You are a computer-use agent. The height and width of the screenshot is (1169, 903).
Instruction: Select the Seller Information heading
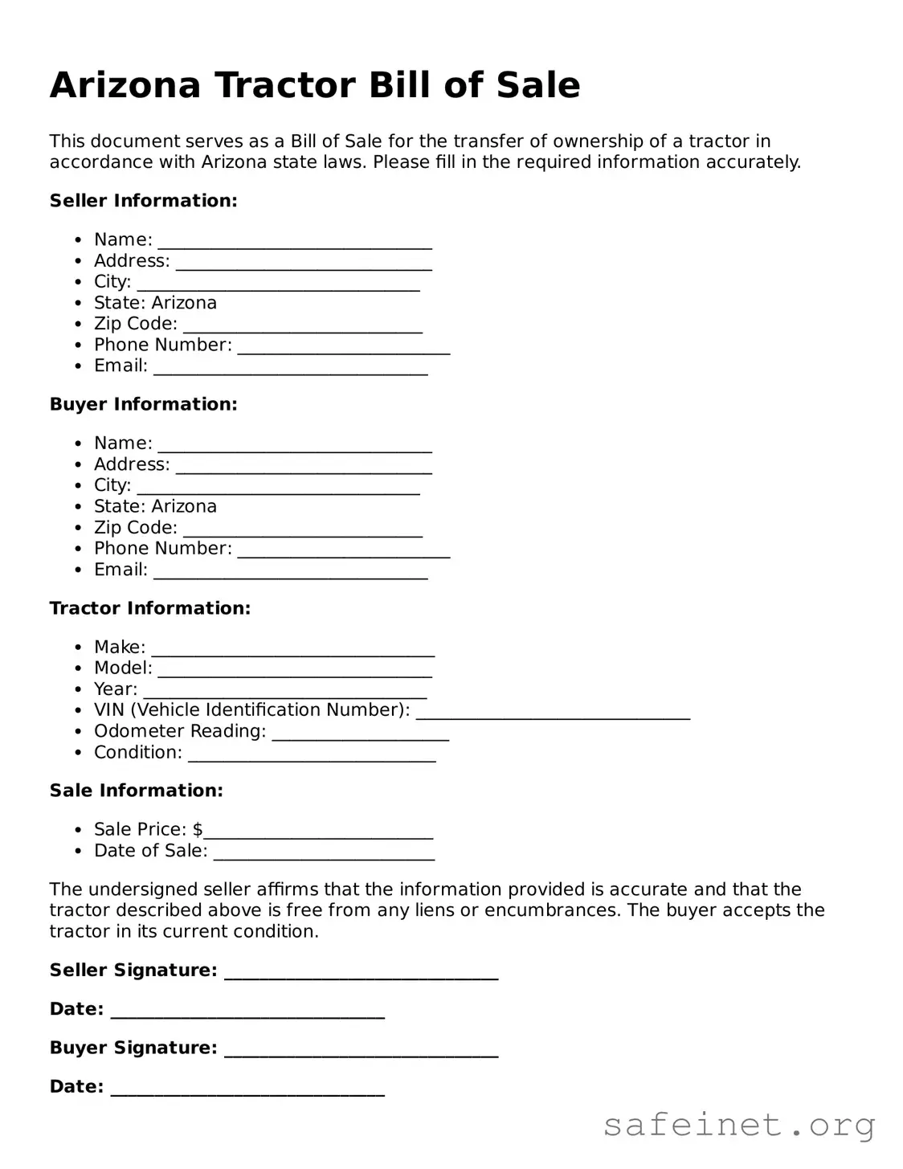click(143, 201)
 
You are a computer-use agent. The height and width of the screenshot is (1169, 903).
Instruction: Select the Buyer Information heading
click(143, 404)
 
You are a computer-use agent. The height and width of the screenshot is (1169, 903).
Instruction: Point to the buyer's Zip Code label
click(135, 528)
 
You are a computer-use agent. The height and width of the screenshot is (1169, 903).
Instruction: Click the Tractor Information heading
click(150, 608)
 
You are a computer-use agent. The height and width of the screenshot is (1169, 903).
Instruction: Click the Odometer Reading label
click(180, 731)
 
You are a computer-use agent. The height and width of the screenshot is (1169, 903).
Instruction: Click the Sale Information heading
click(136, 791)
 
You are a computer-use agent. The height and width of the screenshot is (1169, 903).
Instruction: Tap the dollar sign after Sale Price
click(198, 829)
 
